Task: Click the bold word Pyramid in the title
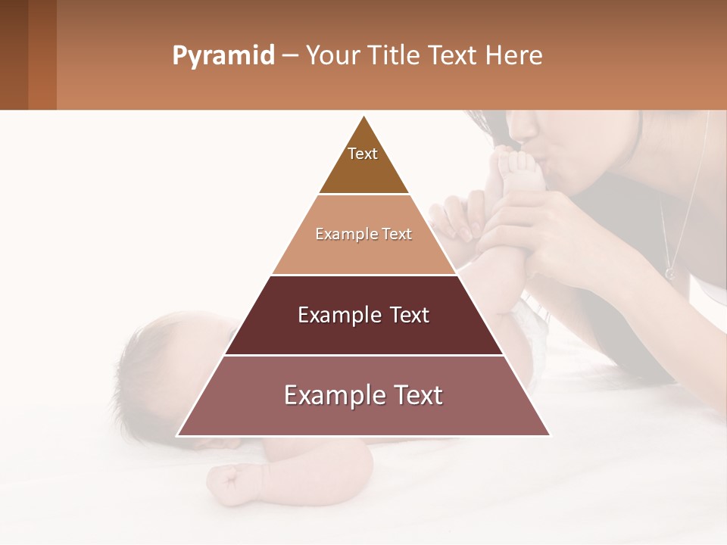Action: (x=223, y=56)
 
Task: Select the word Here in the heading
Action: (x=514, y=56)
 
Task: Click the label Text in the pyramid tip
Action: (x=363, y=154)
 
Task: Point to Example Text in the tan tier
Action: (x=363, y=234)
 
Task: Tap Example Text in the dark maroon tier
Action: (x=363, y=315)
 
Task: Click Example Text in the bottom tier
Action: (x=363, y=395)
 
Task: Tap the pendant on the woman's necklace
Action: (x=669, y=272)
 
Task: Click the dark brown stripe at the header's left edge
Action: (x=14, y=54)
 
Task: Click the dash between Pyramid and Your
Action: (x=290, y=56)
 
